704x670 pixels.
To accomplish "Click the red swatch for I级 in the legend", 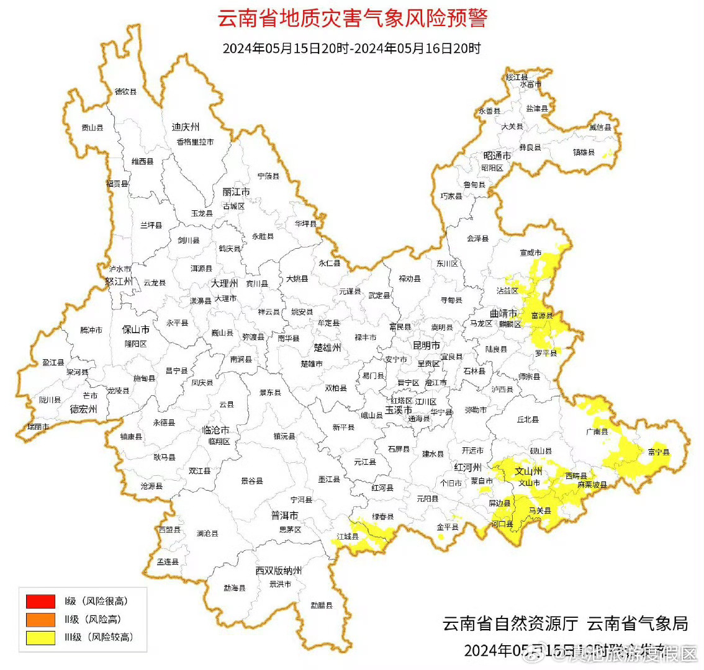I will click(40, 601).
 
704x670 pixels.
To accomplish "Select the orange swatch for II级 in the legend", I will click(40, 619).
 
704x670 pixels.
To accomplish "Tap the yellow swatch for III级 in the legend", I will click(40, 637).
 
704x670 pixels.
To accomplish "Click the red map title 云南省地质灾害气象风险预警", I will click(352, 17).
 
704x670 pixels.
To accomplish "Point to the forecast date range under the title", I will click(351, 48).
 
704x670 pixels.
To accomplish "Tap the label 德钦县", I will click(125, 92).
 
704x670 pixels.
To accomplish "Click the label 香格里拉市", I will click(195, 142).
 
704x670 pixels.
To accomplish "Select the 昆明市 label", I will click(426, 345).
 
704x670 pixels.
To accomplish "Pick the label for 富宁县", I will click(659, 452).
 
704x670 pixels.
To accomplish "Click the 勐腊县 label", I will click(322, 605).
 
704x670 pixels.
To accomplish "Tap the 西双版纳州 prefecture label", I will click(279, 571).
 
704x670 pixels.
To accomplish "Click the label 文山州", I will click(528, 471).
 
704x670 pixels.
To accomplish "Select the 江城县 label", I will click(348, 536).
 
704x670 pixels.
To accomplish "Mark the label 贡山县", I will click(93, 128).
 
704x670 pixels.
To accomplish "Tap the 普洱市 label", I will click(285, 516).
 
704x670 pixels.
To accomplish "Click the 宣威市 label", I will click(530, 252).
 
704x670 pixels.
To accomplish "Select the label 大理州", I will click(224, 283).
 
